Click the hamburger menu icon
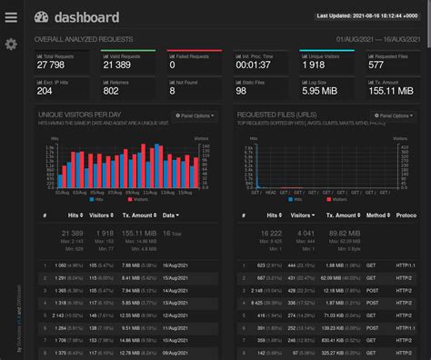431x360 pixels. coord(11,17)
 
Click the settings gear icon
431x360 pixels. coord(11,44)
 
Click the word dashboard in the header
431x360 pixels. coord(85,17)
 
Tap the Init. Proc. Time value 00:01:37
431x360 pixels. coord(250,65)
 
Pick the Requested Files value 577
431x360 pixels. coord(376,65)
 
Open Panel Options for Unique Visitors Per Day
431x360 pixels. coord(195,116)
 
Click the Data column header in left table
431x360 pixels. coord(171,215)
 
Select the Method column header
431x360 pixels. coord(376,215)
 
